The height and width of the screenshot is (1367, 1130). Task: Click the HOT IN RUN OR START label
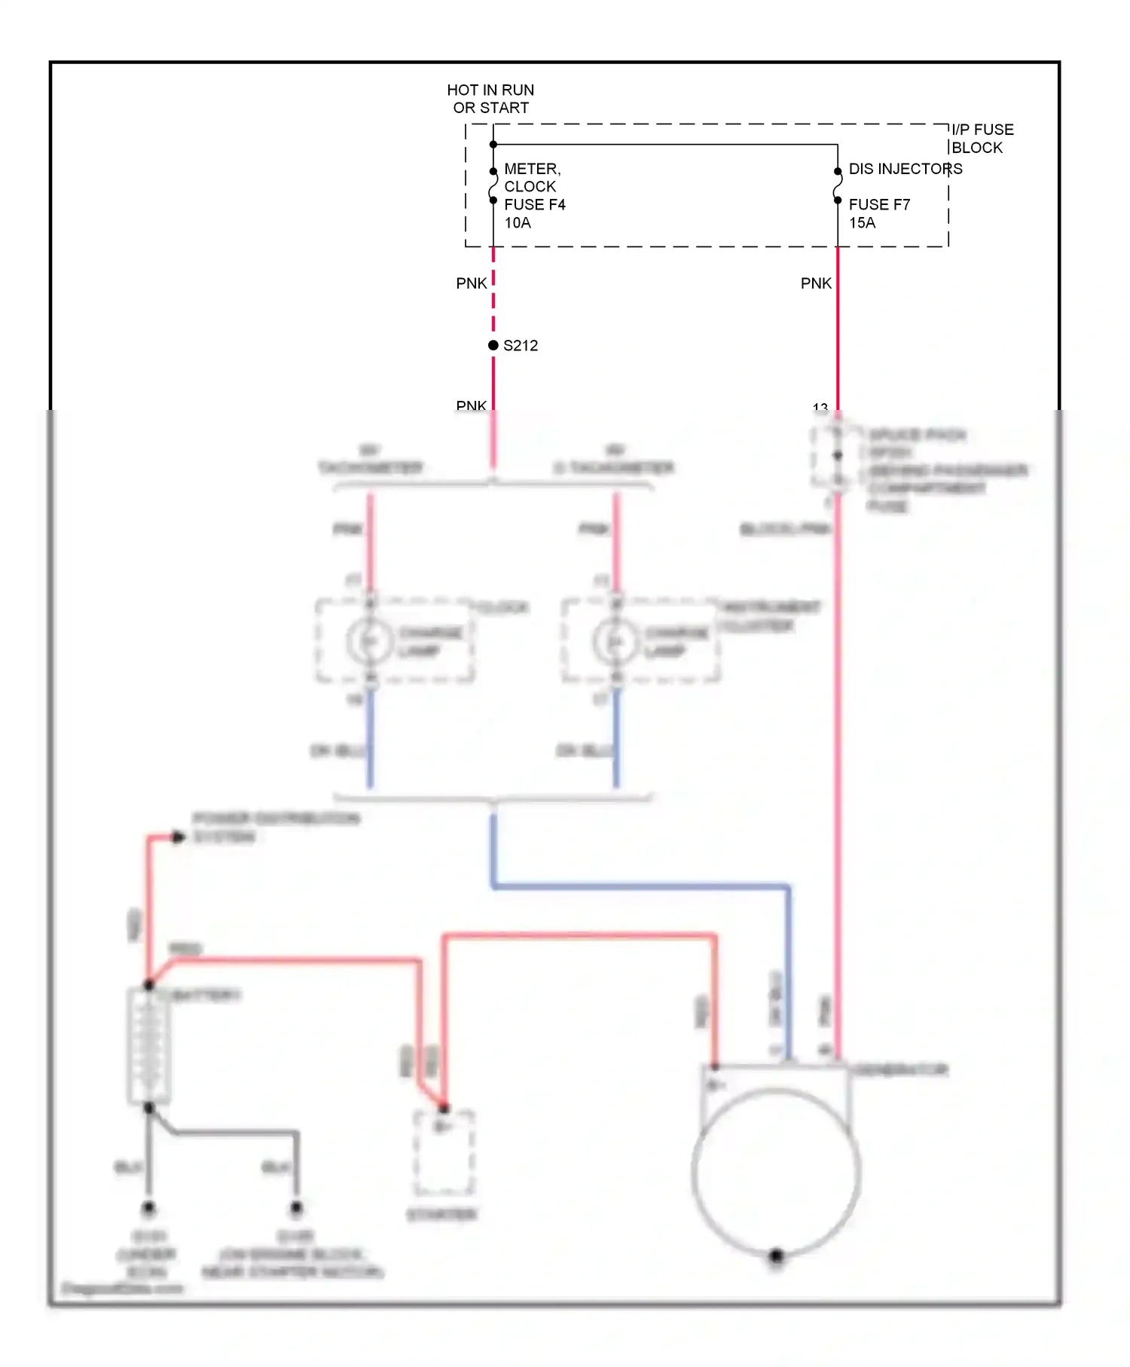[490, 99]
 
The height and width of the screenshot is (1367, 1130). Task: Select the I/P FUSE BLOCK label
[982, 139]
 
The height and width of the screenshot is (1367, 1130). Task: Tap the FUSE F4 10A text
[534, 213]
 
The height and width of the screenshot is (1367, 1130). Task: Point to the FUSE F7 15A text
[878, 213]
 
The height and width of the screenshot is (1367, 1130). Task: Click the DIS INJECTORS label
[905, 169]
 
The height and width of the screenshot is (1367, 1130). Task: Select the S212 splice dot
[493, 345]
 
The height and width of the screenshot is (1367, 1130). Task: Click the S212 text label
[521, 346]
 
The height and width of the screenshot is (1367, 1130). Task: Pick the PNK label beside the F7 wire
[816, 283]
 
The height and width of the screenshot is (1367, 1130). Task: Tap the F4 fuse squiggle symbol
[493, 186]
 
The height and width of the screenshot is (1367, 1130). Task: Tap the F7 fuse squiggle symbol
[838, 186]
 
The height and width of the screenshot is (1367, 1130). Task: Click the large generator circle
[776, 1172]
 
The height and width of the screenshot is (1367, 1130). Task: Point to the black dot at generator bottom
[776, 1256]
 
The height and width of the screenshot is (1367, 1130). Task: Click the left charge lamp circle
[369, 641]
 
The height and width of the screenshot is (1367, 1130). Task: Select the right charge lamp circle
[615, 641]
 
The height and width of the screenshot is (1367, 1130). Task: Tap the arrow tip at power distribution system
[179, 836]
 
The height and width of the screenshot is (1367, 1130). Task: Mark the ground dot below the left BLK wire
[148, 1208]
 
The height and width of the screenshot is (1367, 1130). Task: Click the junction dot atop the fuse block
[493, 144]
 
